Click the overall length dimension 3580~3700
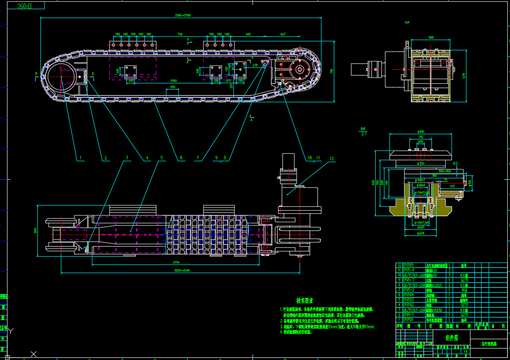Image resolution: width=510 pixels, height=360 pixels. (182, 15)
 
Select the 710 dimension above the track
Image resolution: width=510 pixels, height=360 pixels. (180, 34)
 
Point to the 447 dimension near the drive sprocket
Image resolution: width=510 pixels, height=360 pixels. (283, 34)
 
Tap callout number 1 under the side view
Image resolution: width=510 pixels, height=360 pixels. (79, 158)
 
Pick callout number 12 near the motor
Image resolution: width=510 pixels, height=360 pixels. (332, 159)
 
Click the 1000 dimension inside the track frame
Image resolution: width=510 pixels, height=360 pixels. (173, 81)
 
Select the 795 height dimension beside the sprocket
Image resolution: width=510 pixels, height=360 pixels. (331, 71)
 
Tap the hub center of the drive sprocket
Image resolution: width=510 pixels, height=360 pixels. (299, 69)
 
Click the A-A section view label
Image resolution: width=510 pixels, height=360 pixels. (407, 22)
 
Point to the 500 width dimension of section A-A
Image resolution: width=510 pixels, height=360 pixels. (431, 38)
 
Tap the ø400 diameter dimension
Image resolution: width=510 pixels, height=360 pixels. (421, 132)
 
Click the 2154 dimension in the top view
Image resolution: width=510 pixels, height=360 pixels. (176, 262)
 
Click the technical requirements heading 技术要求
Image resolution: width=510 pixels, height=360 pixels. (305, 300)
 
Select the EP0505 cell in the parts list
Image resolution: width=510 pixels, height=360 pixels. (408, 264)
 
